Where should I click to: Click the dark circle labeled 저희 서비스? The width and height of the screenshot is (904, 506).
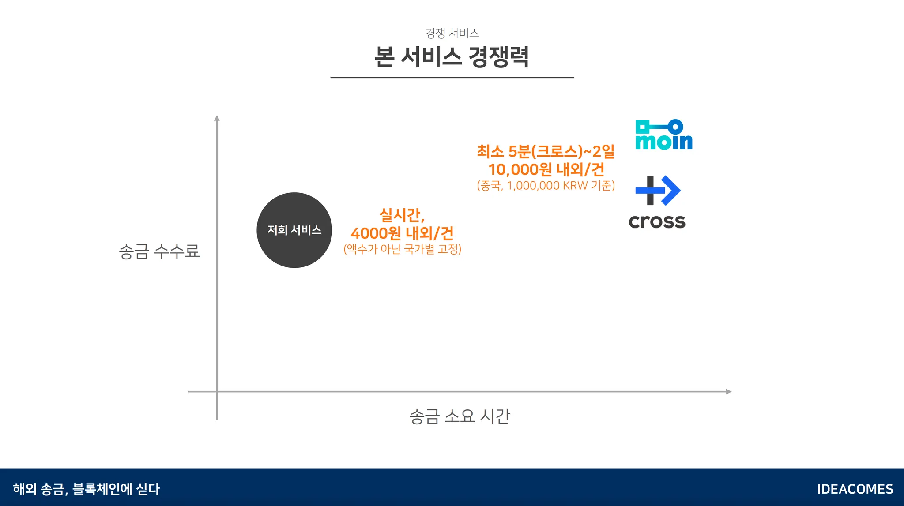pos(294,230)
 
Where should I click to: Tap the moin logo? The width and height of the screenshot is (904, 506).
pos(663,135)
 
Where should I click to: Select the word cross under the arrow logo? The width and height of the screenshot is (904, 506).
pos(657,221)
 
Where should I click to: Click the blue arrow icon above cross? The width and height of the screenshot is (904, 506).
pos(658,191)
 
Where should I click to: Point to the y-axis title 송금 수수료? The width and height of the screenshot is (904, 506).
pos(159,251)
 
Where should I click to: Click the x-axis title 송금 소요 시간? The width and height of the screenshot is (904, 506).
pos(460,416)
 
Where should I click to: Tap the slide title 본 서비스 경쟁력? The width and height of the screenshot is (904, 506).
pos(452,57)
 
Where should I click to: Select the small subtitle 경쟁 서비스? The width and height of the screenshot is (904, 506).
pos(452,33)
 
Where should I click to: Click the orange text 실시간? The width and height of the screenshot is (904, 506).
pos(402,215)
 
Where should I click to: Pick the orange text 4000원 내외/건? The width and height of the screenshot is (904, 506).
pos(402,232)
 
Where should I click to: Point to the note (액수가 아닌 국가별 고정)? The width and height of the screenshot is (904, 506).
pos(402,249)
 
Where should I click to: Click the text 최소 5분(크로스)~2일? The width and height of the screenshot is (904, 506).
pos(546,151)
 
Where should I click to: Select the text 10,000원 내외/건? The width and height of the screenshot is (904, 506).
pos(546,169)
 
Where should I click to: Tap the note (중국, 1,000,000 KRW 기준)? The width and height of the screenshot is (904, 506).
pos(546,186)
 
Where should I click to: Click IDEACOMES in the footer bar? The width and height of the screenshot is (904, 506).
pos(855,489)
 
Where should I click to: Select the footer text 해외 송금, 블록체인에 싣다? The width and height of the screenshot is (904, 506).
pos(87,489)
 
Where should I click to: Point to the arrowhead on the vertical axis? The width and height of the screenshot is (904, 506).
pos(217,118)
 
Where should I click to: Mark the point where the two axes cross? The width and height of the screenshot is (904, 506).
pos(217,391)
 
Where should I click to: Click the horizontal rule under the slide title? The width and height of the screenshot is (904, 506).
pos(452,78)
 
